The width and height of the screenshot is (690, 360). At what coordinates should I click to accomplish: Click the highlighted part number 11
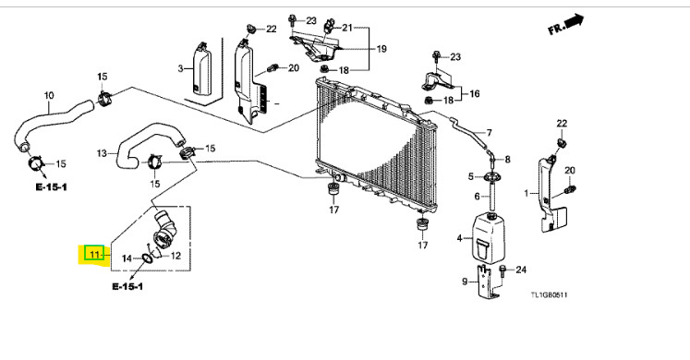[x=94, y=254]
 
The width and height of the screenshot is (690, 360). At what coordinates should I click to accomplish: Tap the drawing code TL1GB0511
[x=549, y=294]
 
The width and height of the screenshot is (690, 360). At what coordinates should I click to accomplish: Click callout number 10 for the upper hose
[x=48, y=95]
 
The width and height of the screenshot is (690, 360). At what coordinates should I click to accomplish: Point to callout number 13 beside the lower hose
[x=102, y=153]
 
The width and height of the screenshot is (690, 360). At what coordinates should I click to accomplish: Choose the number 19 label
[x=381, y=48]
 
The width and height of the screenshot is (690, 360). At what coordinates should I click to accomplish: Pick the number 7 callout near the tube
[x=489, y=132]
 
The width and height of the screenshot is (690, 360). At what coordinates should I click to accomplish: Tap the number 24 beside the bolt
[x=521, y=269]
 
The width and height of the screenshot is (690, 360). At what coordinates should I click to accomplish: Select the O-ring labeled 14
[x=148, y=258]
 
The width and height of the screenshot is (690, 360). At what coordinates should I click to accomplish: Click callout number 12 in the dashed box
[x=176, y=256]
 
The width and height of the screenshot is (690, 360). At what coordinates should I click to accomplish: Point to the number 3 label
[x=180, y=68]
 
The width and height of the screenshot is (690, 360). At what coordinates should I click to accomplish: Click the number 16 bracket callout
[x=475, y=93]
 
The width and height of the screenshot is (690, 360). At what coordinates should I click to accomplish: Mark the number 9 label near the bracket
[x=465, y=281]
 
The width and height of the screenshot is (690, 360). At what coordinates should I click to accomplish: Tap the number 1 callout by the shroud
[x=527, y=193]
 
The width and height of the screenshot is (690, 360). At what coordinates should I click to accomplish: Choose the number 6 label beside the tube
[x=477, y=196]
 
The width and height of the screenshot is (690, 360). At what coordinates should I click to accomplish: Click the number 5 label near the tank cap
[x=471, y=176]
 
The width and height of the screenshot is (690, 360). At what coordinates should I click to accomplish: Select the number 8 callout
[x=507, y=159]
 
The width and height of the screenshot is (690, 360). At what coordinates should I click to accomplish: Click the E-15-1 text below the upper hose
[x=52, y=187]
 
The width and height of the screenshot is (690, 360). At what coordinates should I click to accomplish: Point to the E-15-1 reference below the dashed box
[x=127, y=286]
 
